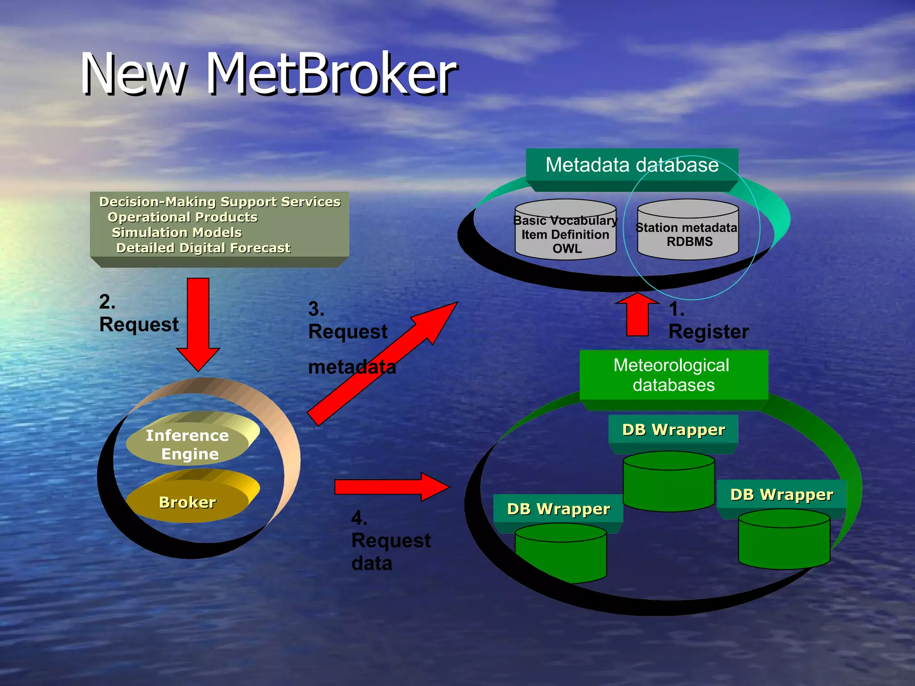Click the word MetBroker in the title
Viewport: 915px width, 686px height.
click(332, 74)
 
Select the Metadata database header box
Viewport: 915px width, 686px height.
click(632, 165)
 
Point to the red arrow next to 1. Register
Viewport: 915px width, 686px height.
click(638, 315)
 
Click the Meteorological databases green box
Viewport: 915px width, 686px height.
click(673, 375)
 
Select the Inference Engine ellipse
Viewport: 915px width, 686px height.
click(188, 444)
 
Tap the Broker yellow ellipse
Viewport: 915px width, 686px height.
click(188, 502)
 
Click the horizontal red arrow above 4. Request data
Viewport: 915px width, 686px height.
click(391, 487)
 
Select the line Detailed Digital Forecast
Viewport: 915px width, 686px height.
click(203, 248)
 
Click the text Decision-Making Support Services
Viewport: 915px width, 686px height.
click(220, 202)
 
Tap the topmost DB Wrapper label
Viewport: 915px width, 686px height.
click(673, 430)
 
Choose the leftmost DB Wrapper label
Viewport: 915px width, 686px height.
click(558, 509)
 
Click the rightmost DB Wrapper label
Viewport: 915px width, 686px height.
click(781, 494)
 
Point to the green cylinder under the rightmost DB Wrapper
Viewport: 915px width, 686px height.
click(784, 543)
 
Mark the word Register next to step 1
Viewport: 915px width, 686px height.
click(709, 332)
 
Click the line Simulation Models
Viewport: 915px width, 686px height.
click(177, 233)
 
